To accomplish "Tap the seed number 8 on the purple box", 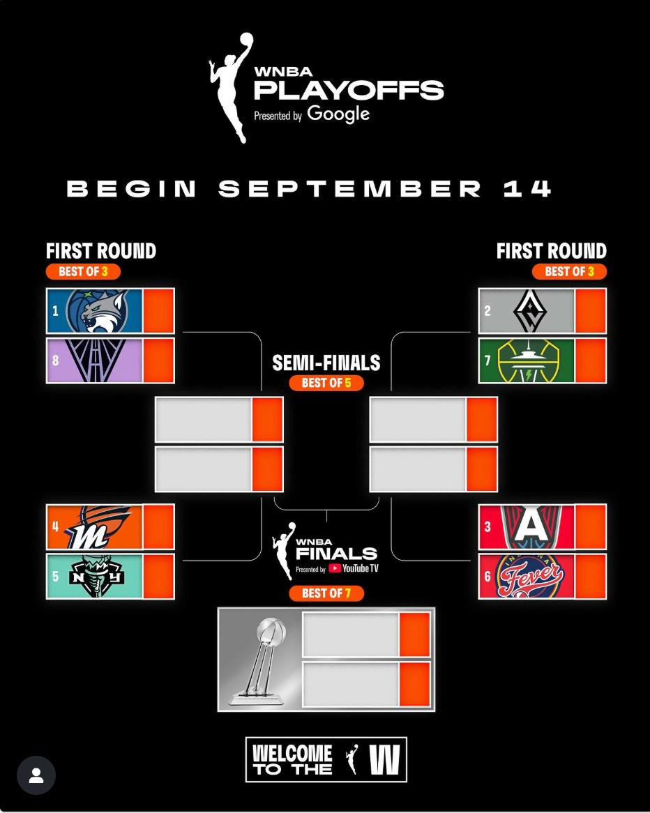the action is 56,360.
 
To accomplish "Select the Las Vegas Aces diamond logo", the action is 529,310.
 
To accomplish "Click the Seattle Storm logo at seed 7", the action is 529,360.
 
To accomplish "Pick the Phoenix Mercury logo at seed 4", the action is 98,527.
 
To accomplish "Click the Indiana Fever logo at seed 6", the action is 529,577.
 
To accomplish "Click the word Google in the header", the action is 338,114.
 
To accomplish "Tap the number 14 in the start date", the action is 527,189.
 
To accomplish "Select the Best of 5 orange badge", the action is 326,383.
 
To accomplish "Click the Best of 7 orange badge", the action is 326,593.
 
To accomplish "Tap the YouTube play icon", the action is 335,568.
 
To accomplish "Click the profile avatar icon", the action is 36,775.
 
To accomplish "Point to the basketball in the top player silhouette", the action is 246,40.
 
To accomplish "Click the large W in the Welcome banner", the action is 384,759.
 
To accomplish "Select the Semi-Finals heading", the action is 326,363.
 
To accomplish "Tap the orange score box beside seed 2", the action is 590,310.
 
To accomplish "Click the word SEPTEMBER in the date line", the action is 350,189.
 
